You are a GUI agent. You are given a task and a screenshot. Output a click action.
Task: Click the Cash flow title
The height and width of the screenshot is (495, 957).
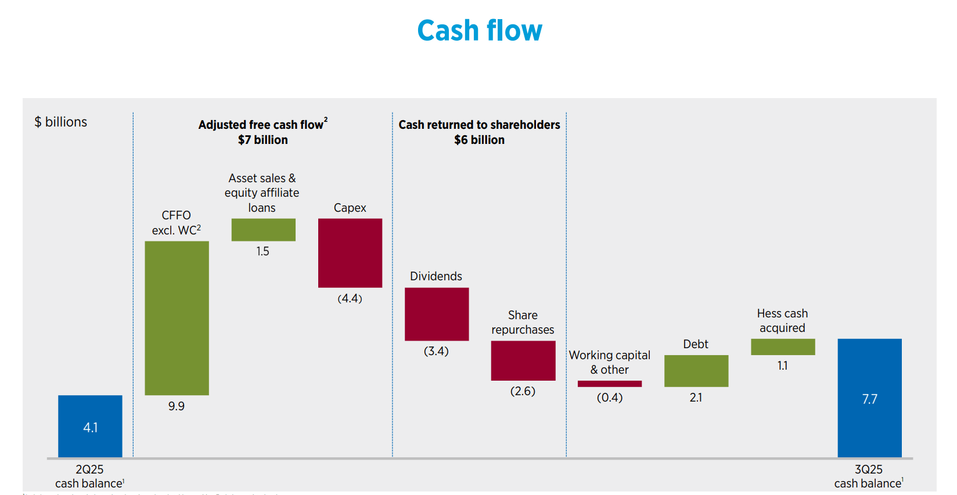(479, 31)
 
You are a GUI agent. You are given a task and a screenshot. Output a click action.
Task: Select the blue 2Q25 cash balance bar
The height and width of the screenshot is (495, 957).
(90, 426)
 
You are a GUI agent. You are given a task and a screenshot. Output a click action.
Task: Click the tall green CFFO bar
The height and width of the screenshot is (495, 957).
(177, 318)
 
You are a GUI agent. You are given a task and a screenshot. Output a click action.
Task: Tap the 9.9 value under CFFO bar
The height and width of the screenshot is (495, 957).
(177, 406)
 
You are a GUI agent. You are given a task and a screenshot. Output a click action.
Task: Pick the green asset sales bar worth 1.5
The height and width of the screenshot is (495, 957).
(263, 230)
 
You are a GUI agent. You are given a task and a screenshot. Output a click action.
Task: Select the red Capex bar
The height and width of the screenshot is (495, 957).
(350, 253)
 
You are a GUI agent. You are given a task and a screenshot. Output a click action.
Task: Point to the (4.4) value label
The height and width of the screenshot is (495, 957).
(350, 298)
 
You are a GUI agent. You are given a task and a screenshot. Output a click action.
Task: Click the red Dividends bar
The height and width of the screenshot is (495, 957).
(437, 314)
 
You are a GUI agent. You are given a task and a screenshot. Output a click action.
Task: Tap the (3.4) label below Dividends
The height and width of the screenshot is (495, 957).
(436, 351)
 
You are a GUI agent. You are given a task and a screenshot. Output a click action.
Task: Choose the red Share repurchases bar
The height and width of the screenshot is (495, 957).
(523, 360)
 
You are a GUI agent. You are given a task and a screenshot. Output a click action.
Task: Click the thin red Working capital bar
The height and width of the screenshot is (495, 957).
(610, 384)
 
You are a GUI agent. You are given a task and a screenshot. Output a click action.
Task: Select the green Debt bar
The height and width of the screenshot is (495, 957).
(696, 371)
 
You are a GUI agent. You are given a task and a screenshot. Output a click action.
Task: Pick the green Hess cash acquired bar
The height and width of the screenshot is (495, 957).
(783, 347)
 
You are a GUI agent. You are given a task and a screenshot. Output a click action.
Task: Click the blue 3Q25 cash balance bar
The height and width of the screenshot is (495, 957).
(869, 398)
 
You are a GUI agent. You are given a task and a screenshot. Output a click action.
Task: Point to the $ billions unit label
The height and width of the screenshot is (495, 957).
(61, 122)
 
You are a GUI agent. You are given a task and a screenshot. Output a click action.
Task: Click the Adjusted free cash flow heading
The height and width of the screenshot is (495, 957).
(262, 125)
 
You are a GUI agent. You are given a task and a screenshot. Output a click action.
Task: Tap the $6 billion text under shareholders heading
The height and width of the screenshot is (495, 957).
(479, 140)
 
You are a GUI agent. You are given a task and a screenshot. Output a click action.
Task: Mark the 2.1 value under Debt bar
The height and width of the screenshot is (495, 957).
(696, 398)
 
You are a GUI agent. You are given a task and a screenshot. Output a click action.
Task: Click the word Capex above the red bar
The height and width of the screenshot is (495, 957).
(350, 208)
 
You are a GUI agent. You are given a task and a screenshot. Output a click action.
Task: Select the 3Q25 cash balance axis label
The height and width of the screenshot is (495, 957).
(868, 476)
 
